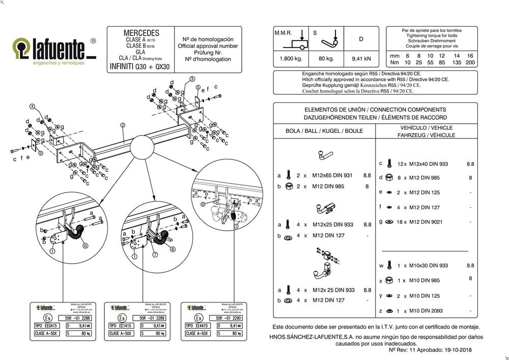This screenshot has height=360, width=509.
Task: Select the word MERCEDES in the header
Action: (141, 33)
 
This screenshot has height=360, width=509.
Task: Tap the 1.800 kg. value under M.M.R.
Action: (291, 59)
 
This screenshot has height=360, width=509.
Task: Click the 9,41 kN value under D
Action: (361, 59)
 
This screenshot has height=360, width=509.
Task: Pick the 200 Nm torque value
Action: (470, 63)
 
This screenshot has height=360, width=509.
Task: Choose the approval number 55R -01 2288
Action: (74, 317)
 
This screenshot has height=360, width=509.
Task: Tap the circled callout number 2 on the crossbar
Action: (123, 124)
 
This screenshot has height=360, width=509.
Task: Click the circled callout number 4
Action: (32, 106)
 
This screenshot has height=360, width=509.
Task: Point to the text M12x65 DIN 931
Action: (332, 176)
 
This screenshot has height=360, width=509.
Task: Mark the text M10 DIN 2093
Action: (423, 311)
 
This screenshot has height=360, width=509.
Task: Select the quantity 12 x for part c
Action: (402, 164)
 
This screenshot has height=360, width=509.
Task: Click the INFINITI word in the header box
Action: (122, 67)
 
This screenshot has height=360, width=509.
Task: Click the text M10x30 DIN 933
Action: (428, 265)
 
